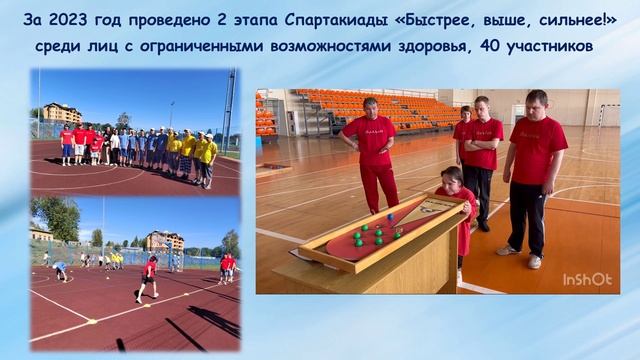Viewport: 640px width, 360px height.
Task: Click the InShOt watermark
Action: [587, 279]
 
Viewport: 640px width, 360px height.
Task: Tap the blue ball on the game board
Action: [390, 216]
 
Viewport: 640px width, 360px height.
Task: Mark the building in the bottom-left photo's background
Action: [162, 241]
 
